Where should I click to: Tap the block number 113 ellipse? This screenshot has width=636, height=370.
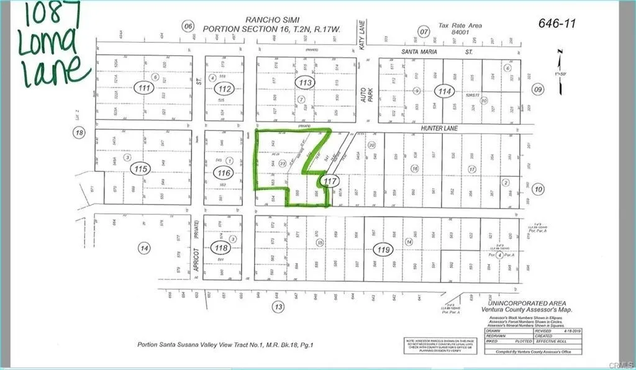pyautogui.click(x=304, y=81)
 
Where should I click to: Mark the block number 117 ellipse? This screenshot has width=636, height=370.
pyautogui.click(x=330, y=181)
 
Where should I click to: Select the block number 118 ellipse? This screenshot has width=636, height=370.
pyautogui.click(x=220, y=248)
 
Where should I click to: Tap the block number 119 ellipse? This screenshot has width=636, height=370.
pyautogui.click(x=382, y=250)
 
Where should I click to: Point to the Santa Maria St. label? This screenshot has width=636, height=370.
pyautogui.click(x=429, y=53)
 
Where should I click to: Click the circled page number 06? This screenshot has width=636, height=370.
pyautogui.click(x=188, y=25)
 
